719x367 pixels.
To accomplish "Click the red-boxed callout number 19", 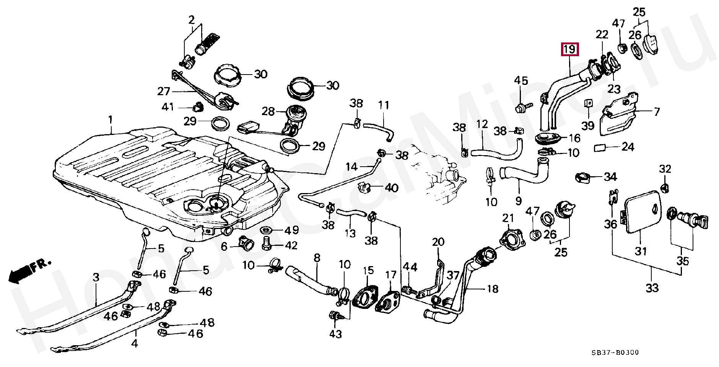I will tap(569, 50).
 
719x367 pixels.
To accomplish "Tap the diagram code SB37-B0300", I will tap(615, 352).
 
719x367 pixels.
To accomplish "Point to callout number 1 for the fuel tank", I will tap(110, 120).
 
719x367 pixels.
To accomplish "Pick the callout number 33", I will tap(652, 287).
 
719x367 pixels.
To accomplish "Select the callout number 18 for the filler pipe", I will tap(492, 289).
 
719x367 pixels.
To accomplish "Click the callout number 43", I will tap(335, 334).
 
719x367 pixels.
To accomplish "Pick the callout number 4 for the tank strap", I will tap(134, 343).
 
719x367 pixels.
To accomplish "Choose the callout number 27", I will tap(163, 91).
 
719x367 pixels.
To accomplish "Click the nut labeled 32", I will tap(665, 187).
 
